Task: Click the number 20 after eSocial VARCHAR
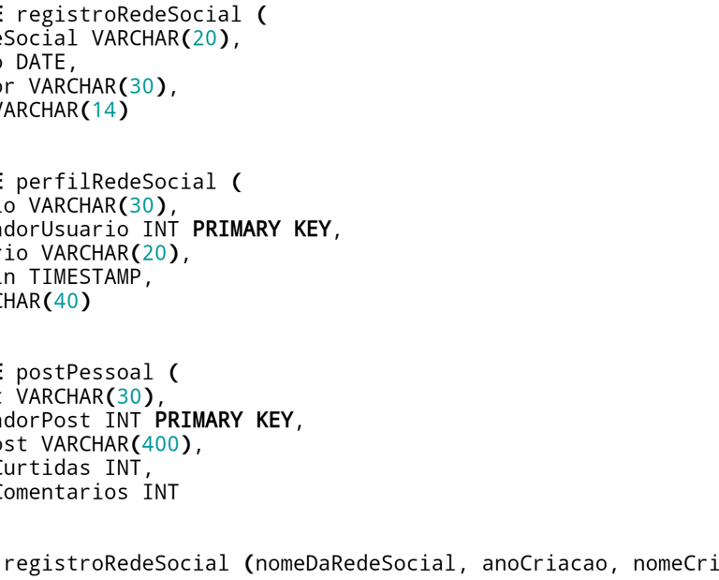[205, 38]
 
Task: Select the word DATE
[41, 63]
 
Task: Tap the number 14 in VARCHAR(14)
[104, 111]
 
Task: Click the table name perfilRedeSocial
[116, 182]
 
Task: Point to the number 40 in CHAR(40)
[66, 301]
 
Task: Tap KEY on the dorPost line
[274, 420]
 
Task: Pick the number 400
[161, 444]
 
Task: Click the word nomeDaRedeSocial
[356, 563]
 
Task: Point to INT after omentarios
[160, 492]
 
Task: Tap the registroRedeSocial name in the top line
[128, 15]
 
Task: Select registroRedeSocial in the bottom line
[116, 563]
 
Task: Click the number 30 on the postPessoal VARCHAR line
[129, 396]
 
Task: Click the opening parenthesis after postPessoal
[174, 373]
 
